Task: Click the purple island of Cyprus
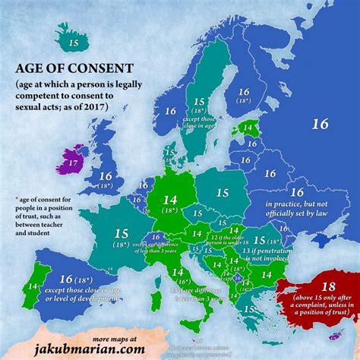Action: click(329, 335)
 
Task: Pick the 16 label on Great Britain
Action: click(104, 176)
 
